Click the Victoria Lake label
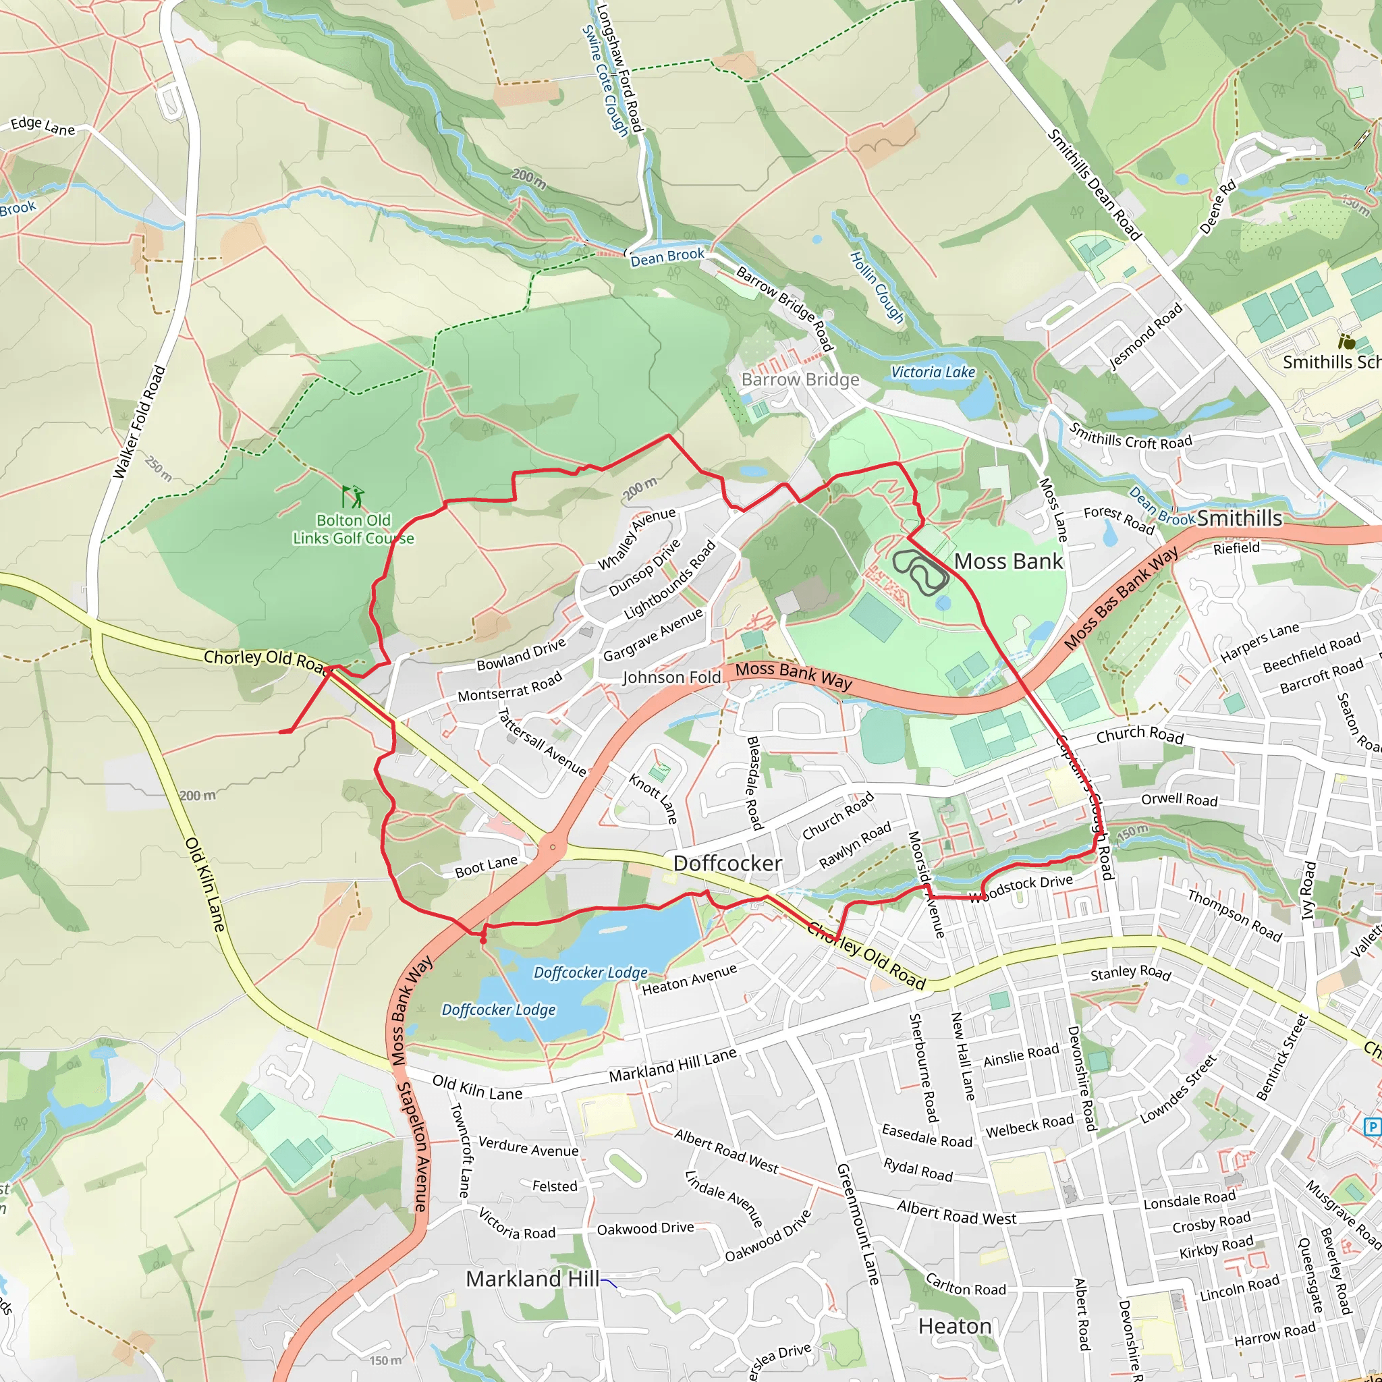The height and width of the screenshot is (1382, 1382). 932,372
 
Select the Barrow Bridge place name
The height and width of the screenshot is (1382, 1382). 800,379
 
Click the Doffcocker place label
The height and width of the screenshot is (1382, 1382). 727,863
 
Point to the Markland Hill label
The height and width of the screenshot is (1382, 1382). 532,1278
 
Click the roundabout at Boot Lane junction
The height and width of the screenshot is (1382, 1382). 553,848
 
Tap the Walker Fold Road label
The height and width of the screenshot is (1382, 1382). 140,422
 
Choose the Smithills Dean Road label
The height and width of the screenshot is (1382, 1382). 1094,184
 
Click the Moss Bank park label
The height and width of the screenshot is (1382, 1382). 1008,561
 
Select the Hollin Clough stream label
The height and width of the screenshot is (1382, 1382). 877,287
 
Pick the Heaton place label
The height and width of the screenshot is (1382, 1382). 954,1326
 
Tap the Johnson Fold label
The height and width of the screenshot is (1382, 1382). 671,677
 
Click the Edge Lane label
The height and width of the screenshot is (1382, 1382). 43,127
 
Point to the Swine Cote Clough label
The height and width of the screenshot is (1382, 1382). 605,80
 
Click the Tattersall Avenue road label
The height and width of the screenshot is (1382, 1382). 541,742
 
